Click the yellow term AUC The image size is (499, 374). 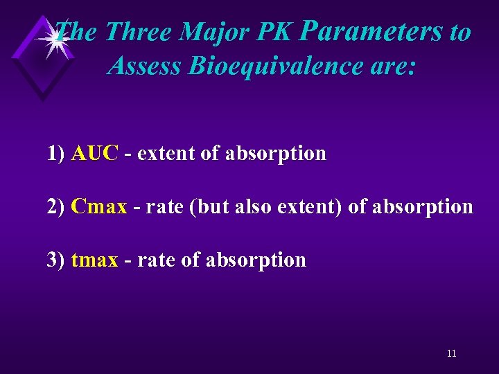95,153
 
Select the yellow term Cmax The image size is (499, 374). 99,206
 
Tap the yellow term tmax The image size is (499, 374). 94,260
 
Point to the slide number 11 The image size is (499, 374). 451,354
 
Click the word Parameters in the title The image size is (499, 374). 374,32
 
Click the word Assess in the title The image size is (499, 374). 145,66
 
